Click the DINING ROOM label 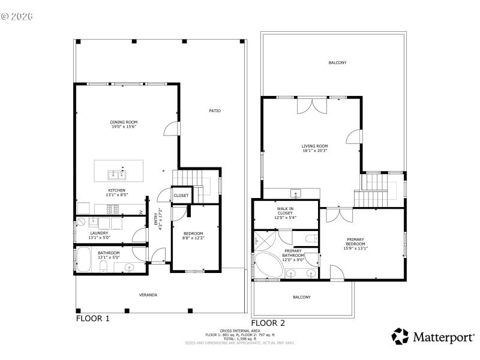124,122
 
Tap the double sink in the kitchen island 117,175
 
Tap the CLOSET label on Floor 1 181,196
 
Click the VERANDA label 148,295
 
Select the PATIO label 214,110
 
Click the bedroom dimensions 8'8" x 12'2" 193,238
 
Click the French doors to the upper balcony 313,106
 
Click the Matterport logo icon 400,336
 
